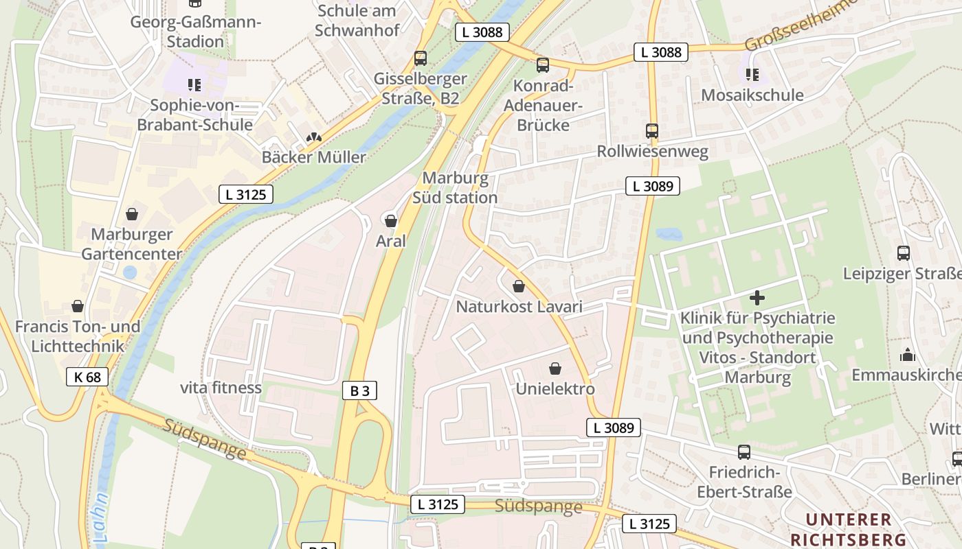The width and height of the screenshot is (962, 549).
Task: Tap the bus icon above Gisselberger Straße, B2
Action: click(420, 58)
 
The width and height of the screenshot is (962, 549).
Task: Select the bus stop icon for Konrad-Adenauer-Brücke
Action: click(542, 65)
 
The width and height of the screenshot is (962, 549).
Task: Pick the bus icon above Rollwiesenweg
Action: click(651, 130)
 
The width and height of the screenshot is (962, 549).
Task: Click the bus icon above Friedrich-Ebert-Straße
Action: click(743, 452)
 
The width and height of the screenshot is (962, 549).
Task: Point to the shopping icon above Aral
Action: click(390, 221)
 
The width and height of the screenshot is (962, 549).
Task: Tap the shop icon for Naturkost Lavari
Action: click(519, 286)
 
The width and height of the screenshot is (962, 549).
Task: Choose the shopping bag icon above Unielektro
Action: click(555, 369)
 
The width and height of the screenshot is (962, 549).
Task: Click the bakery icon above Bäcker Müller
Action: click(314, 137)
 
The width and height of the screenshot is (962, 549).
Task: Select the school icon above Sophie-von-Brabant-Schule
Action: click(194, 85)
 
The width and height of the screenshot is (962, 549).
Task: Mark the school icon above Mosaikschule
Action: click(752, 74)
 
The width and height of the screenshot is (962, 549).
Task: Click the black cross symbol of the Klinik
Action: click(757, 298)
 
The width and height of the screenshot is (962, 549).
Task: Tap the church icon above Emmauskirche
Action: click(907, 355)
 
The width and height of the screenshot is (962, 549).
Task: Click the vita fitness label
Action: click(221, 388)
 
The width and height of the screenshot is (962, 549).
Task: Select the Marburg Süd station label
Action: click(455, 188)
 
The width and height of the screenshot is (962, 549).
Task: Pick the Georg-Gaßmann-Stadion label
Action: click(196, 32)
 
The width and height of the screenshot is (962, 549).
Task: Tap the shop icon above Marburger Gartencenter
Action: click(131, 214)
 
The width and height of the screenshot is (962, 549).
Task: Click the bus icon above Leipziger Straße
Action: click(903, 253)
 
